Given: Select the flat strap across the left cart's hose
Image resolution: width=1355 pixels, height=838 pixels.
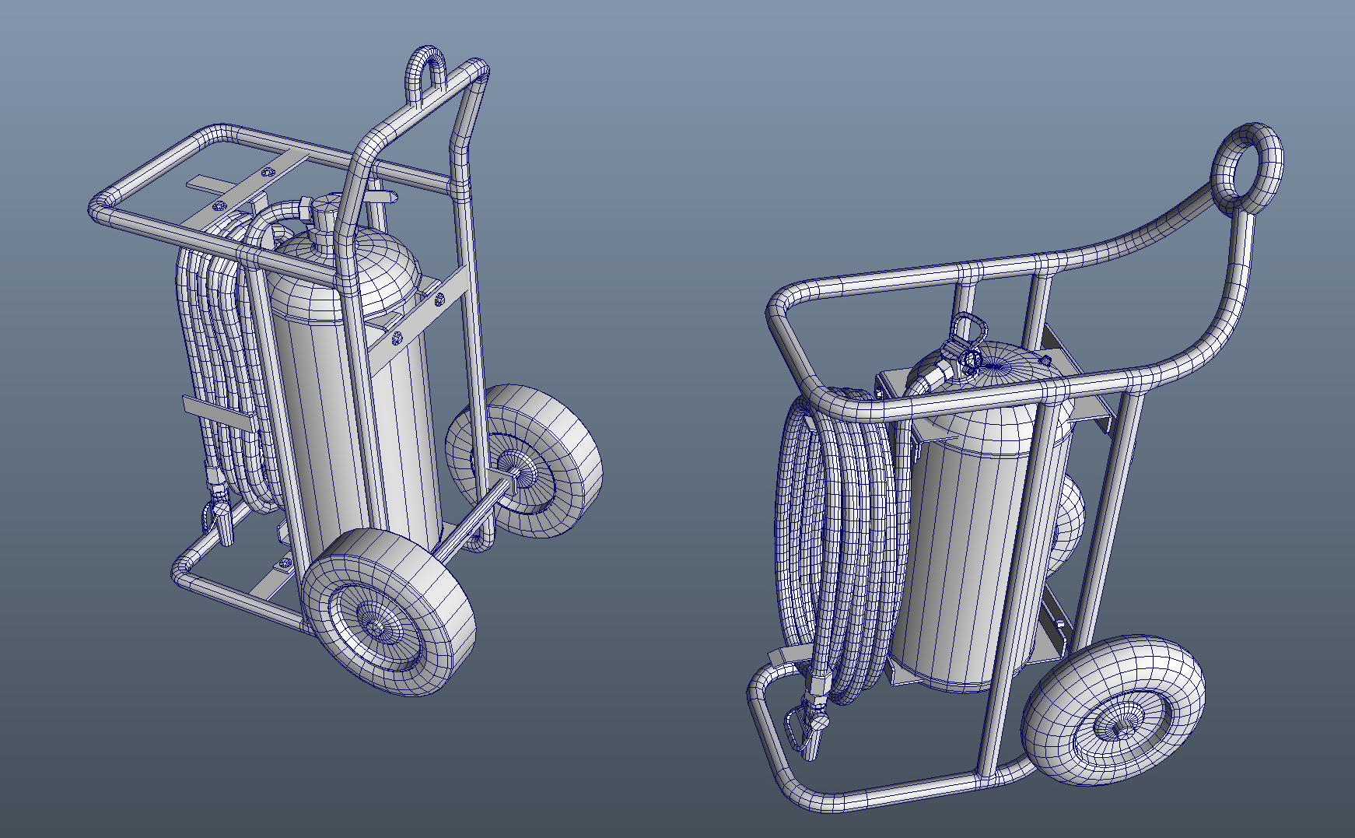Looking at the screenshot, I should [x=218, y=412].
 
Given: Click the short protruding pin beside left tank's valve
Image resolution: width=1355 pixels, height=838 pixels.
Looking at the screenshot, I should [x=380, y=191].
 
